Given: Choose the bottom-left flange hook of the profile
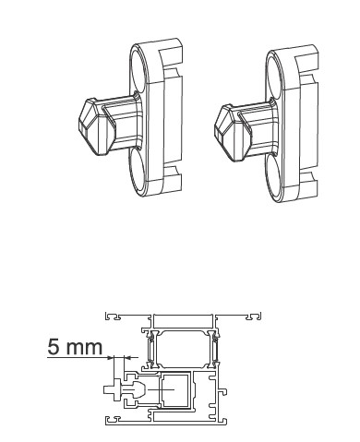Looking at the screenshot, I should (114, 423).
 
